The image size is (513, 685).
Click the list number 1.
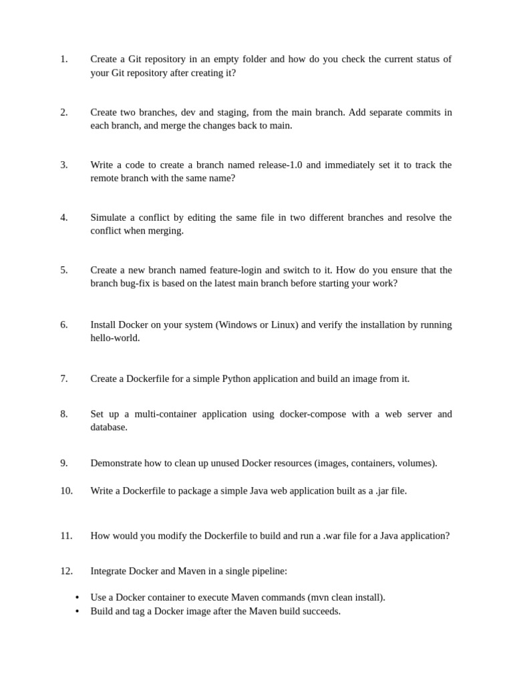tap(63, 60)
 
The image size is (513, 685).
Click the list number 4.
tap(63, 218)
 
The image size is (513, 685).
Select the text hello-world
tap(115, 338)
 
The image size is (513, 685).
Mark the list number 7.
tap(63, 379)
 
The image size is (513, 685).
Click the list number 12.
tap(66, 571)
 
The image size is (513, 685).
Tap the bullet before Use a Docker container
tap(77, 598)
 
